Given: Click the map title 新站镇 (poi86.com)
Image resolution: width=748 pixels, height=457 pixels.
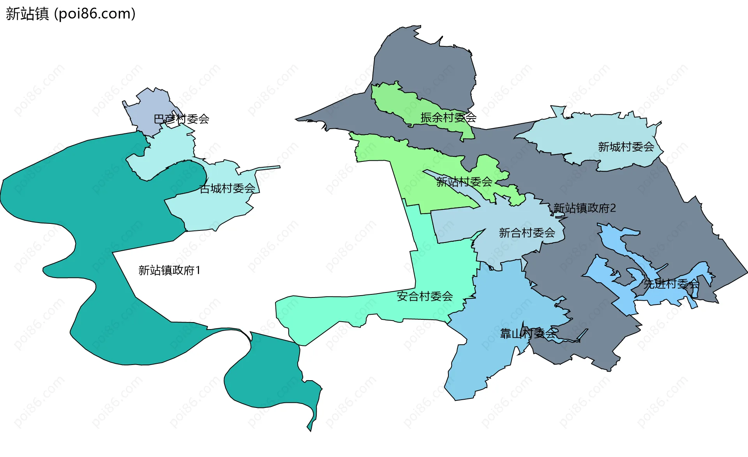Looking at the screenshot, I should coord(71,14).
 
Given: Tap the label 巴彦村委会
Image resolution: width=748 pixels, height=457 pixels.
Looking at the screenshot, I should coord(181,119).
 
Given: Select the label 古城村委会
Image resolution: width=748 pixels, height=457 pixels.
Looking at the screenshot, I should coord(227,189).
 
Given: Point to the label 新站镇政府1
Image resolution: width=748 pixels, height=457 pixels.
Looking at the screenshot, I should coord(169,270).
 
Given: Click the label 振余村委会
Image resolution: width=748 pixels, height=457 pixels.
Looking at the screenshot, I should coord(448,117).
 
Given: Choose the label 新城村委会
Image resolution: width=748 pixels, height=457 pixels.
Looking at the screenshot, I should coord(626,147).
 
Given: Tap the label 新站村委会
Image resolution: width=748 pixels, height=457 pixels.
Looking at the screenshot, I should coord(464,182).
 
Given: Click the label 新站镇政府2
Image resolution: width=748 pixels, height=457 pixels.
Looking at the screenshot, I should coord(584,208).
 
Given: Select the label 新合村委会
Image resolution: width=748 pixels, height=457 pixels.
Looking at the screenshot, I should coord(527,233).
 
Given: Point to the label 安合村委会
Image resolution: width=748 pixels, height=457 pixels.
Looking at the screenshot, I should coord(425,296).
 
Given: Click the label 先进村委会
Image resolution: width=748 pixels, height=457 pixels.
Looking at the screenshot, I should coord(671,284).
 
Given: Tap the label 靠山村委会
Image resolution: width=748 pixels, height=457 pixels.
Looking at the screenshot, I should coord(528,334).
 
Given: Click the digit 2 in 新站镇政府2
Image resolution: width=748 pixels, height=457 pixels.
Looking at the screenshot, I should coord(613,208).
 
